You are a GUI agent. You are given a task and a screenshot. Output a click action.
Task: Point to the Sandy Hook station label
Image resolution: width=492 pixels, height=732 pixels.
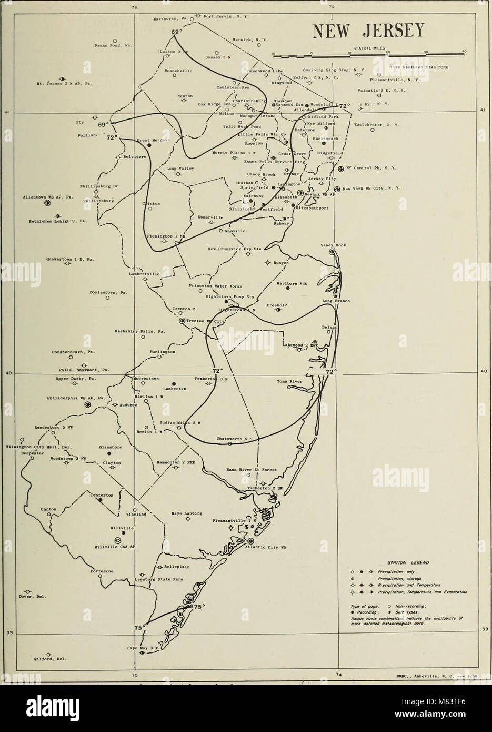333,245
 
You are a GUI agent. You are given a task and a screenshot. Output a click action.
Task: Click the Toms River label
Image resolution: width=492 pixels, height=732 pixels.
288,381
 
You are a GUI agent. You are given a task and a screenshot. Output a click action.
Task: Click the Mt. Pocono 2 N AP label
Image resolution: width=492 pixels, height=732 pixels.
58,83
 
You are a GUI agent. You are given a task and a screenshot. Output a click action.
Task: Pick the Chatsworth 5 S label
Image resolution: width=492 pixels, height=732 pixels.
231,438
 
